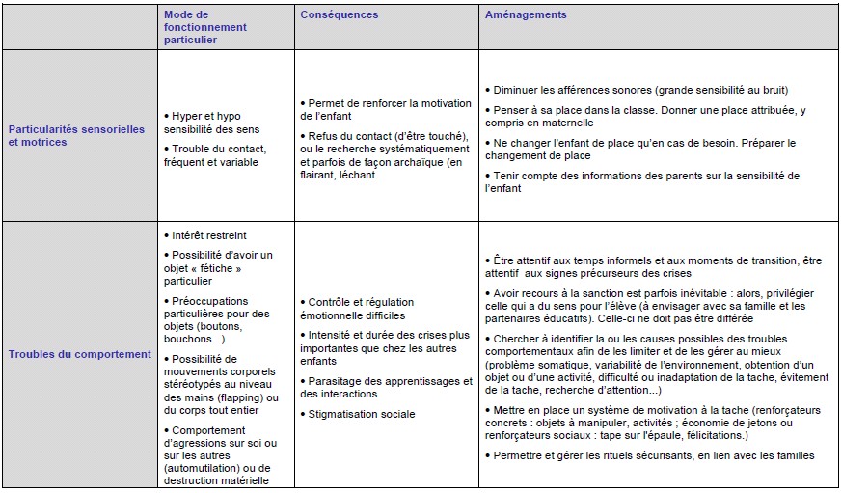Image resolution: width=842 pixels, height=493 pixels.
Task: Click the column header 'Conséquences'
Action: (340, 15)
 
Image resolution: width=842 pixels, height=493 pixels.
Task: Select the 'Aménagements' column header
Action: (526, 15)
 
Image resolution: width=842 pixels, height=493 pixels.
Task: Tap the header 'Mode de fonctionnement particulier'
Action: (205, 27)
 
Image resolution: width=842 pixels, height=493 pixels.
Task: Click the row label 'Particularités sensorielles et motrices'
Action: (76, 135)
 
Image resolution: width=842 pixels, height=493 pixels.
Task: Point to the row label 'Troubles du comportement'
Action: (80, 354)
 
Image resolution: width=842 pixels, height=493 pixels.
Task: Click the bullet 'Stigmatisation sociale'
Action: (362, 414)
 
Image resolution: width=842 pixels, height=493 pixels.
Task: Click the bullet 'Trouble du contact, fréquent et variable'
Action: (218, 155)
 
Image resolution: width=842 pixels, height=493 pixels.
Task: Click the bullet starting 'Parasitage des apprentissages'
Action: (381, 387)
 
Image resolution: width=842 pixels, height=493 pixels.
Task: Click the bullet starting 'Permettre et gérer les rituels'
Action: (652, 455)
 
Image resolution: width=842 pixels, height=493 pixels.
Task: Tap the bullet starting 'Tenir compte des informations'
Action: (640, 181)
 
